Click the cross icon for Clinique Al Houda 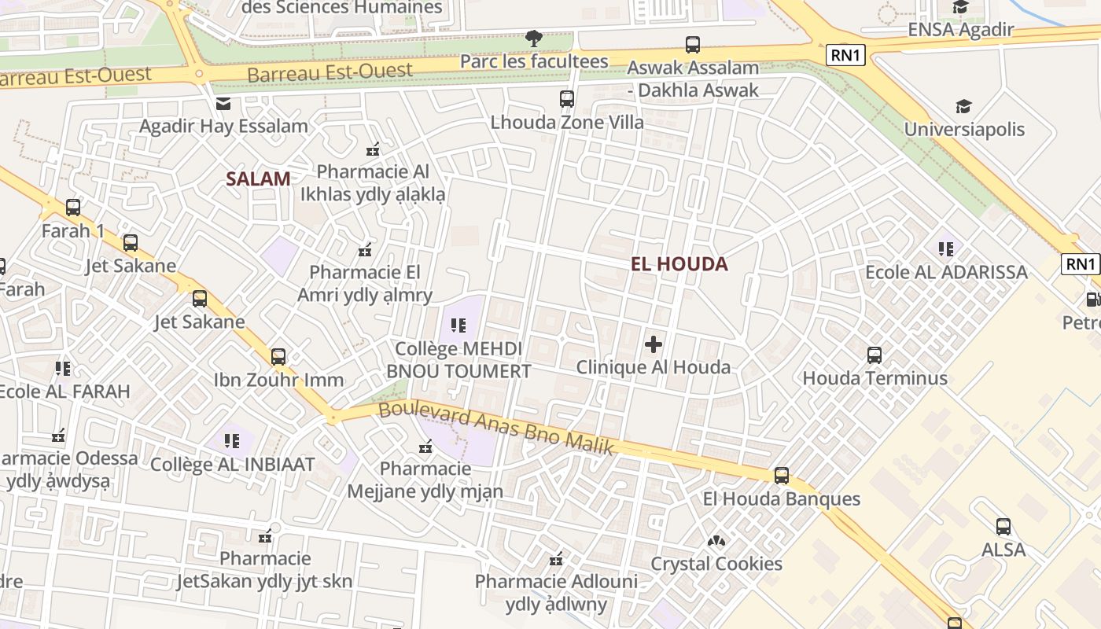click(654, 344)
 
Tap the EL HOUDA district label click(679, 264)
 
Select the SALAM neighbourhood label click(258, 179)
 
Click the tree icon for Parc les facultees click(534, 38)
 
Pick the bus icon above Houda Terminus click(875, 355)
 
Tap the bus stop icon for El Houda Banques click(781, 476)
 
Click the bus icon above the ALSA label click(1003, 527)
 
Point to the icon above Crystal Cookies click(716, 541)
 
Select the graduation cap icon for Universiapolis click(963, 106)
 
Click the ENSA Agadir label click(960, 30)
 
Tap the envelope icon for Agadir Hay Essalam click(223, 103)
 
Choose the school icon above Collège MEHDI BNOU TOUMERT click(458, 325)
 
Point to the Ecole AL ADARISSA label click(946, 272)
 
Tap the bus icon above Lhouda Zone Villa click(567, 99)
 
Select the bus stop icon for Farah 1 click(73, 208)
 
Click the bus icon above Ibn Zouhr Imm click(278, 357)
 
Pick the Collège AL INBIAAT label click(232, 464)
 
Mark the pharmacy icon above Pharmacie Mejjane click(425, 447)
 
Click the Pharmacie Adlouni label click(556, 582)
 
